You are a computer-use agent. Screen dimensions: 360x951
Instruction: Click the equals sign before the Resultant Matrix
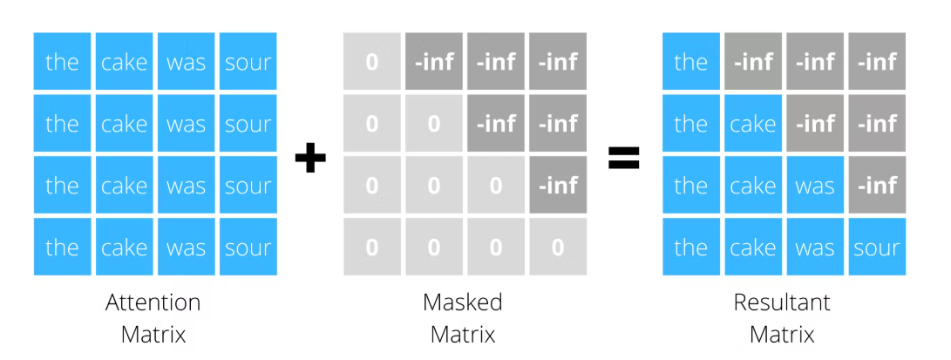point(623,157)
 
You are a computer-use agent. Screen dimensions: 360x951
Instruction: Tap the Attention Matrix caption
point(153,317)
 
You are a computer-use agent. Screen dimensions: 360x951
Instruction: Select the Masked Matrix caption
point(462,317)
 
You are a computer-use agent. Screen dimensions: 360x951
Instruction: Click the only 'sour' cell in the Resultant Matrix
point(876,248)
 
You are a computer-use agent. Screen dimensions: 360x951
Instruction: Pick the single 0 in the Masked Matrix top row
point(372,62)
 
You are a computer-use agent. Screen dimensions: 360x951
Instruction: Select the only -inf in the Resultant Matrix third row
point(876,186)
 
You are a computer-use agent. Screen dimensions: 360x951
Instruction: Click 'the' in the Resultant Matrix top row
point(690,62)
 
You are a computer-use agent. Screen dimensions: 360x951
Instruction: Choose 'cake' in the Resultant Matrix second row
point(753,124)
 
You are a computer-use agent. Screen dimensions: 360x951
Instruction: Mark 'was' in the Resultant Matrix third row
point(815,186)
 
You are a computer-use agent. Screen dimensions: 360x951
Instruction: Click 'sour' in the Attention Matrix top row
point(248,62)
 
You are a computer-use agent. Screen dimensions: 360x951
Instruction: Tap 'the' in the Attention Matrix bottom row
point(62,248)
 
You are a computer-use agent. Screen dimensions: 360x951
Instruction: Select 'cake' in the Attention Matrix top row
point(124,62)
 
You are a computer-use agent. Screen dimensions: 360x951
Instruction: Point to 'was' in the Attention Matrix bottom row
point(186,248)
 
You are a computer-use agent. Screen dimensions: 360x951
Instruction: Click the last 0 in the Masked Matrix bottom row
point(558,248)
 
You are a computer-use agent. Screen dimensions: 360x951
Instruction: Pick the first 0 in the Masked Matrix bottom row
point(372,248)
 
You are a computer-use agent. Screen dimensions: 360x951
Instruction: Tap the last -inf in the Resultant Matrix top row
point(876,62)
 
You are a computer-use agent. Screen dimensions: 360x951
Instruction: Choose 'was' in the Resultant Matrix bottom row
point(815,248)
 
